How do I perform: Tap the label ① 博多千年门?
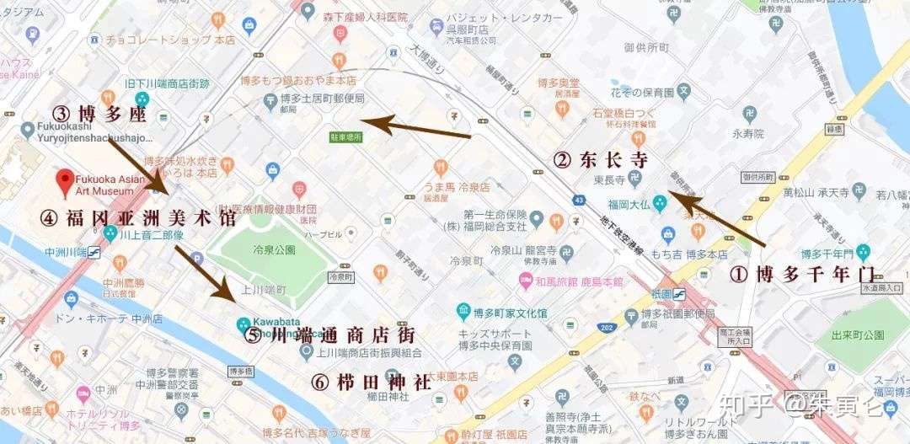pos(800,274)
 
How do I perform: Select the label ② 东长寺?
pos(599,158)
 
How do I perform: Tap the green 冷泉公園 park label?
pos(273,249)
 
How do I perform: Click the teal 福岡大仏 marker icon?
pos(660,202)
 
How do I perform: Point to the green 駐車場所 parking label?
pos(345,136)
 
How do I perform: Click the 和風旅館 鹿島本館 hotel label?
pos(580,281)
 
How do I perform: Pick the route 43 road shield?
pos(578,200)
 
